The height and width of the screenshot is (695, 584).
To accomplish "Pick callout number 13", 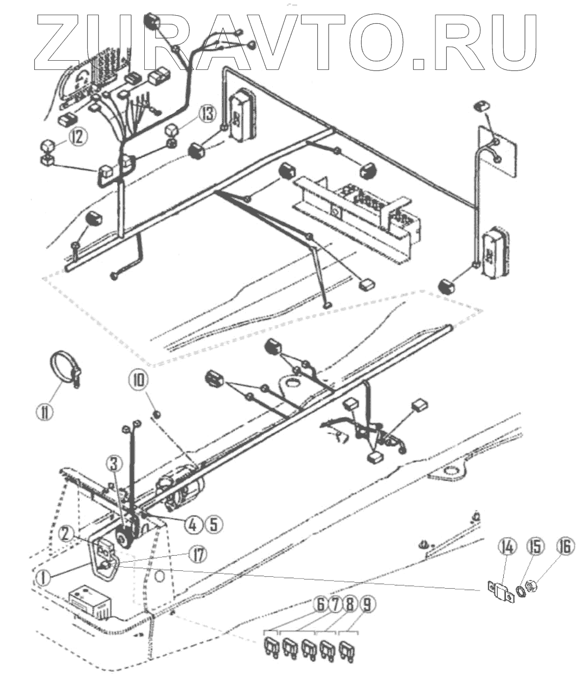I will point(206,115).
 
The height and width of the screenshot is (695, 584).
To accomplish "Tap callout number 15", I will point(536,547).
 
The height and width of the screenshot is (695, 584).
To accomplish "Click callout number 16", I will point(564,547).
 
